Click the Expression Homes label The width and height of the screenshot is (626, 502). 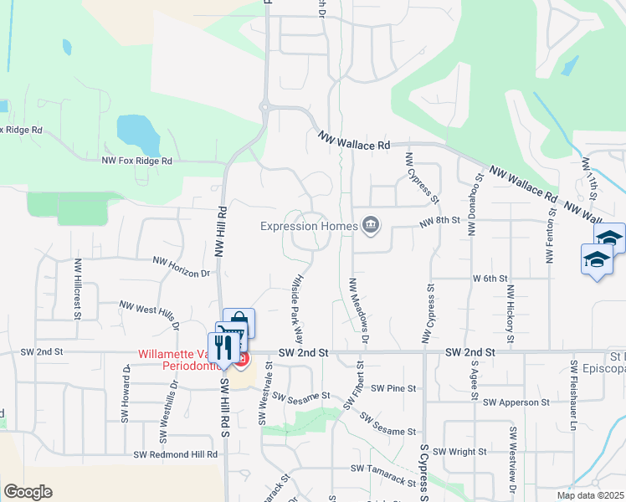[307, 226]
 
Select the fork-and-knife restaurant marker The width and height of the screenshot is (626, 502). [223, 348]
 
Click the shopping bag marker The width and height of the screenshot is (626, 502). [239, 322]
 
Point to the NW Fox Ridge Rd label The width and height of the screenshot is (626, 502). [136, 160]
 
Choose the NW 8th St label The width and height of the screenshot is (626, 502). [439, 222]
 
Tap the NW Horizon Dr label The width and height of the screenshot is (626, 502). [180, 267]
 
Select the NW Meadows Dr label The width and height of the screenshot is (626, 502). [358, 310]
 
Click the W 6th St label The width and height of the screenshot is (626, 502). [490, 278]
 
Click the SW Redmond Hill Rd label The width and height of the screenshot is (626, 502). [176, 454]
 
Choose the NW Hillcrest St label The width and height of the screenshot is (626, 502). [77, 289]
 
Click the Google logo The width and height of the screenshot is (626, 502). [28, 492]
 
